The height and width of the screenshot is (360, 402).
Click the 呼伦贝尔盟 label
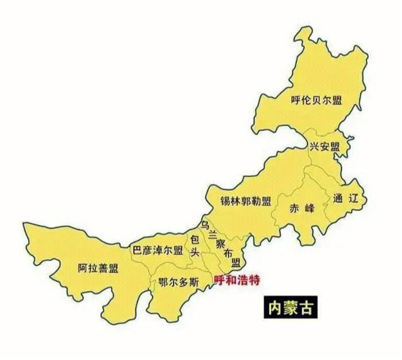(x=316, y=100)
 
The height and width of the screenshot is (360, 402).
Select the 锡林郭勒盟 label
(x=245, y=200)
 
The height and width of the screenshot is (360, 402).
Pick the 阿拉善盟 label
(x=98, y=268)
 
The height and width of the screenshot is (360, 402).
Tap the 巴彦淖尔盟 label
(x=157, y=250)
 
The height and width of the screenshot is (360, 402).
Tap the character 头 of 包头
(x=195, y=253)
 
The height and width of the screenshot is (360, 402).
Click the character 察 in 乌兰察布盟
(x=220, y=243)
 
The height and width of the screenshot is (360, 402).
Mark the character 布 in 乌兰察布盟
(x=228, y=253)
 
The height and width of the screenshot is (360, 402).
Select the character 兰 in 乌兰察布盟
(x=212, y=232)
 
